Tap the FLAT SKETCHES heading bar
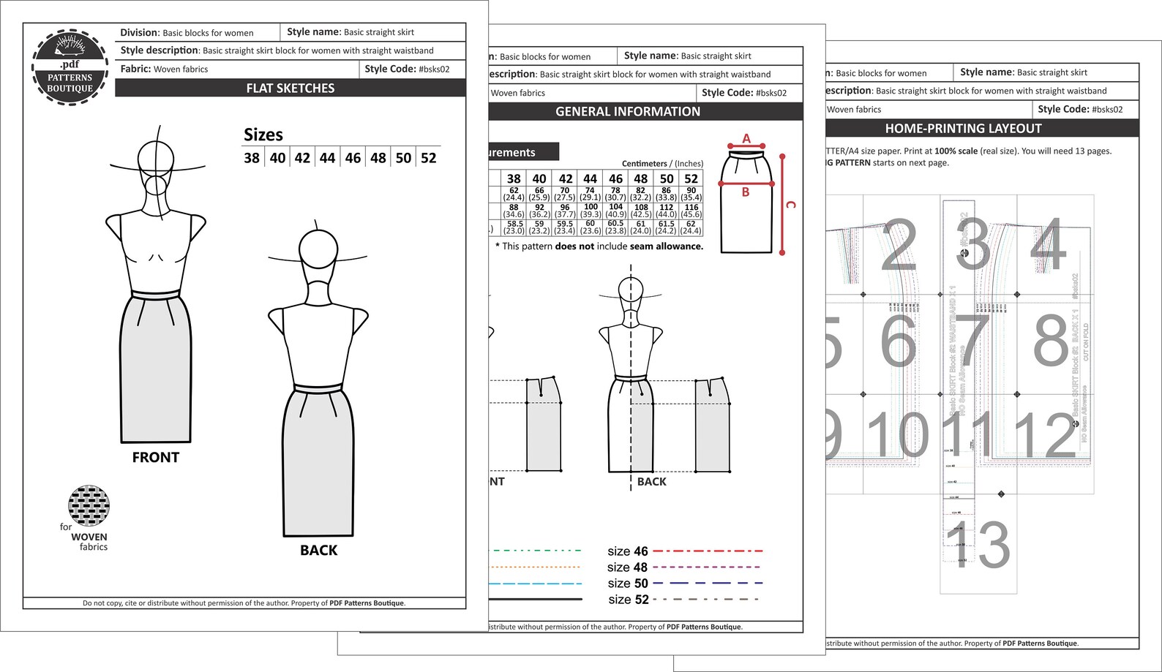point(290,88)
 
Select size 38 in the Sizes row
point(252,158)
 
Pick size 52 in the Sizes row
point(429,158)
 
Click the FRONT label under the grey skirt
point(156,458)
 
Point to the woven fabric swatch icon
point(89,505)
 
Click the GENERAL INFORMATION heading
point(628,112)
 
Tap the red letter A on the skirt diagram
point(746,138)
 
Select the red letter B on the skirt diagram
point(746,192)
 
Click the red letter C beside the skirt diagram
point(790,205)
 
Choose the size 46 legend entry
point(628,551)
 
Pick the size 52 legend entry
point(629,600)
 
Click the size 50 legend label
point(628,584)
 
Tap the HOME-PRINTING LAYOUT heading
point(963,129)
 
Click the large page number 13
point(978,545)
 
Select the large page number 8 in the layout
point(1052,340)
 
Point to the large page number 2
point(899,245)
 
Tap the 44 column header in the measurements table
point(590,178)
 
